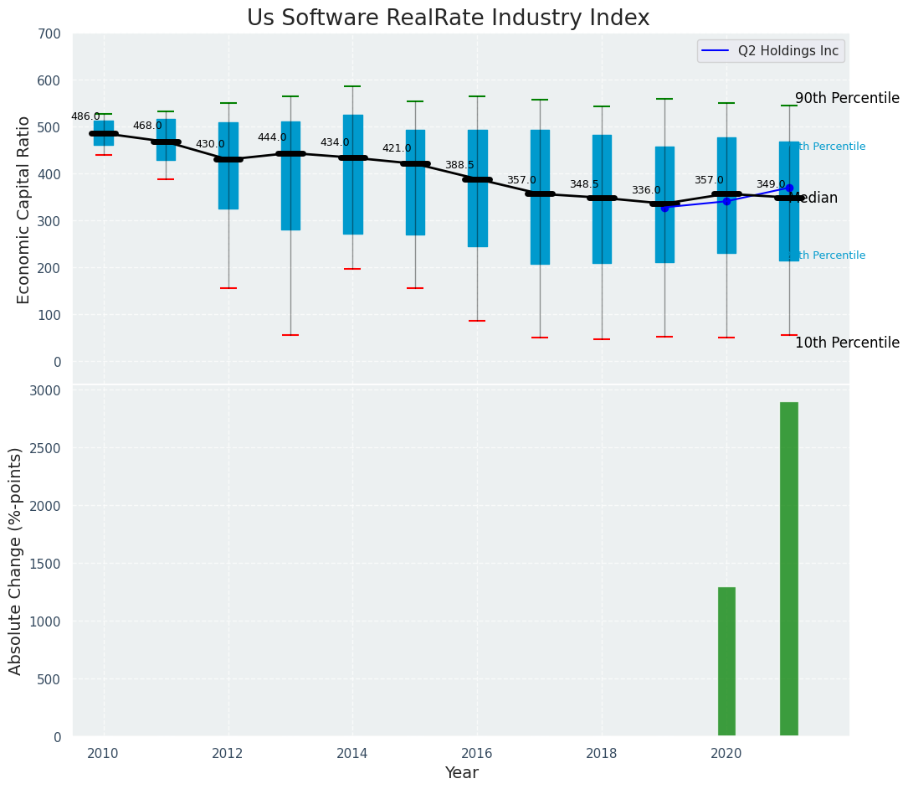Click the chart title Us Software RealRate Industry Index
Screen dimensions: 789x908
(x=448, y=18)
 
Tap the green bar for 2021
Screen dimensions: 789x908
(x=788, y=569)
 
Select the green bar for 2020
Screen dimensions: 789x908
(x=726, y=661)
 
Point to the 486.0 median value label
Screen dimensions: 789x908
(x=85, y=116)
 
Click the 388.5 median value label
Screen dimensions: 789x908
(x=459, y=166)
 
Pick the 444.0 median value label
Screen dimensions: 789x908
(x=272, y=137)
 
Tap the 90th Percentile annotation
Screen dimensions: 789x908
(x=847, y=98)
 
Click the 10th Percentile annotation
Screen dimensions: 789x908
(x=847, y=343)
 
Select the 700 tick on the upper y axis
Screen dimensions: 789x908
(x=49, y=34)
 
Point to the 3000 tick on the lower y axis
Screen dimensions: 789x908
(x=45, y=391)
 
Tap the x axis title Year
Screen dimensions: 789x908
(x=461, y=773)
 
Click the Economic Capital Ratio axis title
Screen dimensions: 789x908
(x=23, y=209)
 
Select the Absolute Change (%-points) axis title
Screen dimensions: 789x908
(x=15, y=560)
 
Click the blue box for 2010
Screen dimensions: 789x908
(x=104, y=132)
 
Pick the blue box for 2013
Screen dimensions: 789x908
(x=290, y=176)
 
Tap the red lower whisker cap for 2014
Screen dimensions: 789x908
(x=352, y=269)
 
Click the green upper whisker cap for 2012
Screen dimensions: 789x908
(x=228, y=103)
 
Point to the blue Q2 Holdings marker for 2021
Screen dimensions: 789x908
(x=789, y=188)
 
